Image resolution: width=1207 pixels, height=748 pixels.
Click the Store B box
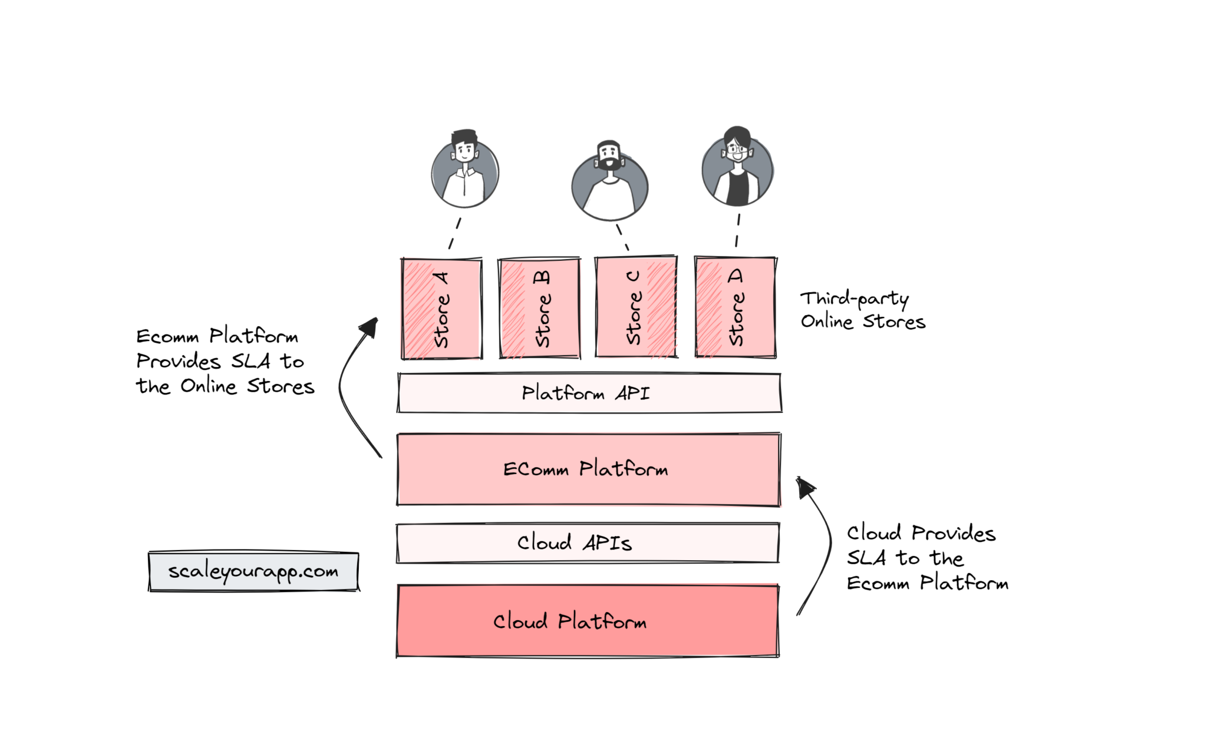(539, 307)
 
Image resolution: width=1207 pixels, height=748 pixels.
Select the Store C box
(636, 307)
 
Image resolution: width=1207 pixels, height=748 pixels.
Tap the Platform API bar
(589, 393)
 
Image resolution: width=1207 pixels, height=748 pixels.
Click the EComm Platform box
(588, 469)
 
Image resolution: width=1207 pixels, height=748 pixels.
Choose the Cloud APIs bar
(588, 542)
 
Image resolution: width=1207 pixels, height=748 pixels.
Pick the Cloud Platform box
(588, 621)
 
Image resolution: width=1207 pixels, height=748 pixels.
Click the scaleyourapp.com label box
(253, 571)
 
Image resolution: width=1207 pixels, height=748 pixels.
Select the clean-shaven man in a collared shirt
(465, 170)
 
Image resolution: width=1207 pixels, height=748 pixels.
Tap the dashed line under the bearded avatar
(622, 237)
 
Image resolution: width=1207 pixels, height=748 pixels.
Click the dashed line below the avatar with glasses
(737, 230)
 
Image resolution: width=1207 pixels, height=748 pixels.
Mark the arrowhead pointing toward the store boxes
(370, 327)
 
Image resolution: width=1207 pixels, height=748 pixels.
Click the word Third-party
(854, 299)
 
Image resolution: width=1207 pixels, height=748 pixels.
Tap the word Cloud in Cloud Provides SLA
(874, 533)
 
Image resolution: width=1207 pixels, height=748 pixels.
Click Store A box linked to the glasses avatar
(736, 307)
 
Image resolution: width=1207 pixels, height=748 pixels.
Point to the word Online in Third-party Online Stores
(826, 322)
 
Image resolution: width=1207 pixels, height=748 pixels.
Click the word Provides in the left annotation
(178, 361)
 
